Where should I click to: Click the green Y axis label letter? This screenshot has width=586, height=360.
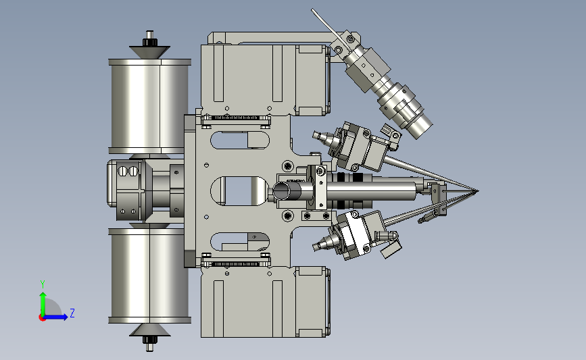[43, 284]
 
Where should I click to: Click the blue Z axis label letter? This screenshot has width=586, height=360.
[72, 313]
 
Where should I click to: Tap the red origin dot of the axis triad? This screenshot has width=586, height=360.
[42, 318]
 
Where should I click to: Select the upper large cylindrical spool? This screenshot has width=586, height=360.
[150, 106]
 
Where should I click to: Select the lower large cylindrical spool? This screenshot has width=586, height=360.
[150, 276]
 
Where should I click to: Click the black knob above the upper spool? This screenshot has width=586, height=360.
[150, 42]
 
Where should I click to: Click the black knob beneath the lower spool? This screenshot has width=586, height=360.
[150, 340]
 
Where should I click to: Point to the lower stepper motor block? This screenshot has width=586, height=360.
[266, 302]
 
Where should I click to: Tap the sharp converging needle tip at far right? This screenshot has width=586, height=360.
[477, 192]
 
